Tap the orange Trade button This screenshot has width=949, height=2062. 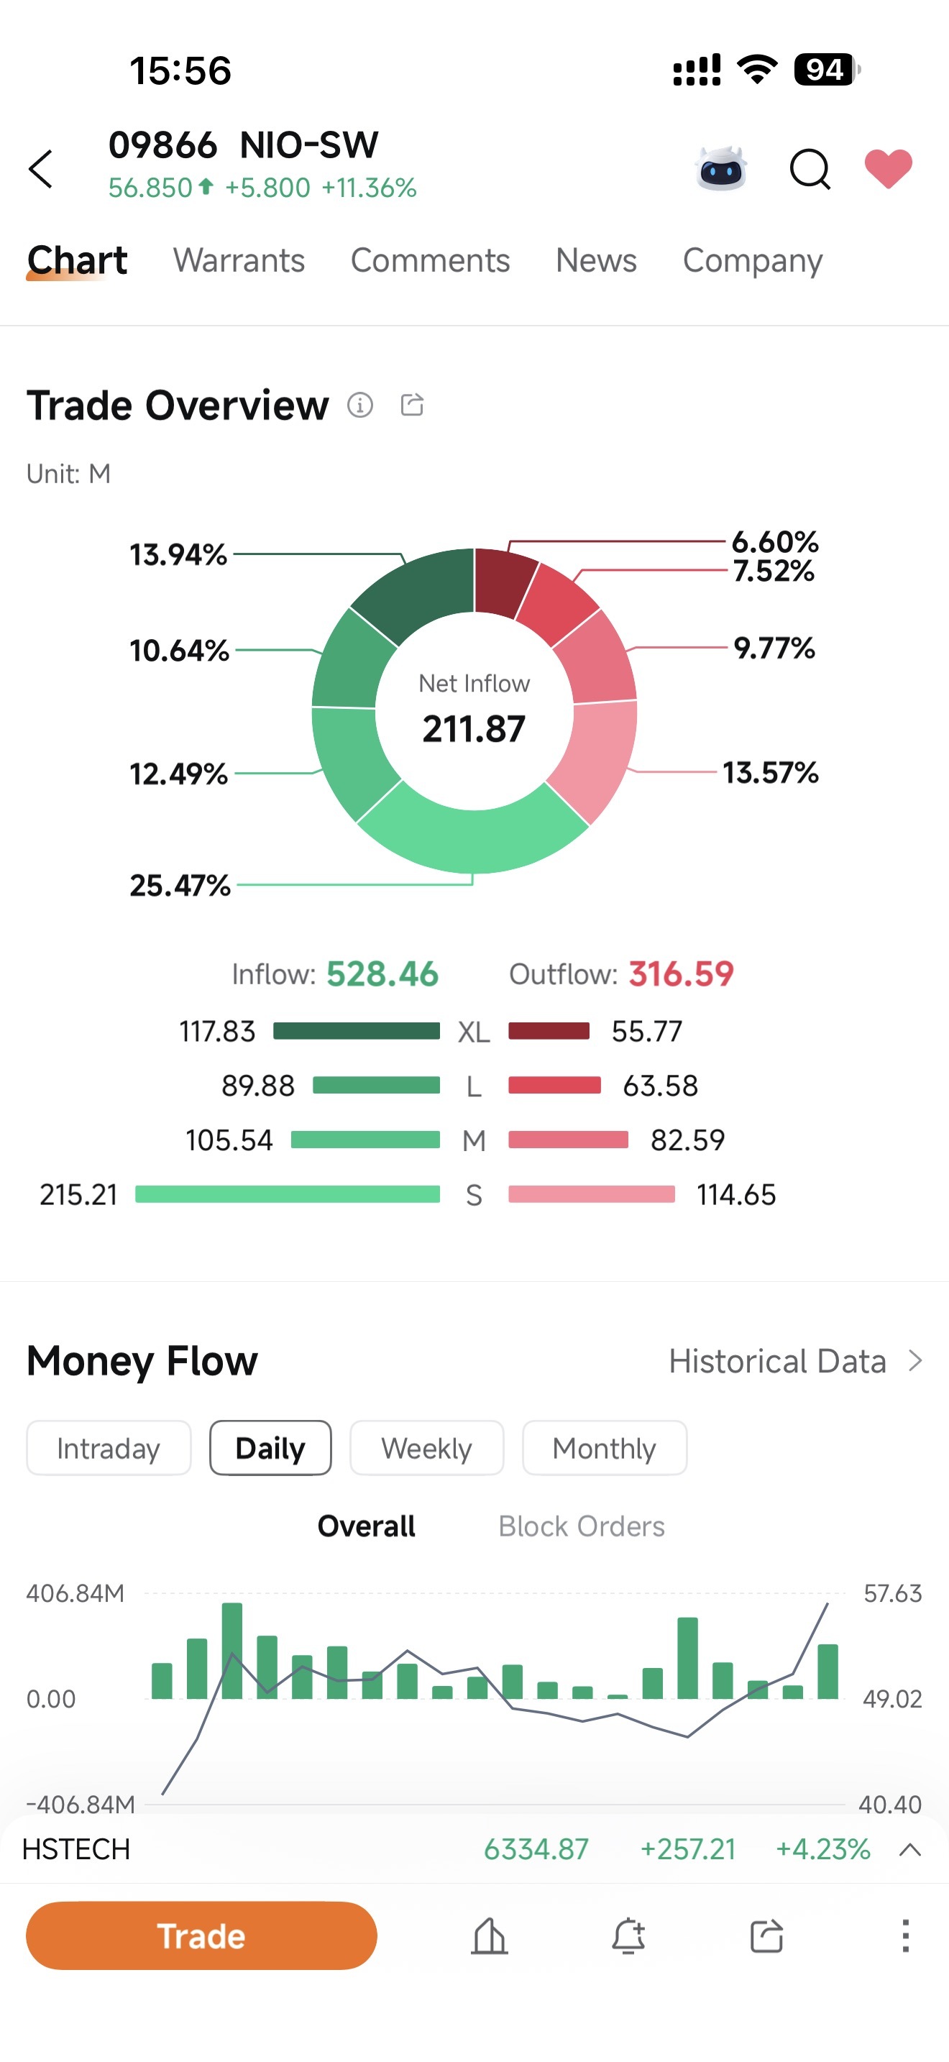click(201, 1935)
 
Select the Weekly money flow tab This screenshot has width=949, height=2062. click(426, 1448)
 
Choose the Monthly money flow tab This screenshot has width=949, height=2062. click(604, 1448)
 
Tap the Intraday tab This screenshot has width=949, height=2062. click(109, 1448)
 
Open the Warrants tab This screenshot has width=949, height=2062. click(239, 260)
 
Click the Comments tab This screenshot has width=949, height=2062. click(431, 260)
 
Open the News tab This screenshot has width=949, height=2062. click(596, 260)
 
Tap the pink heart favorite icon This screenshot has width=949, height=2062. click(888, 169)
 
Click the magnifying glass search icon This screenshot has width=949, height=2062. click(810, 169)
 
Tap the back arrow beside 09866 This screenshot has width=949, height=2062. click(41, 169)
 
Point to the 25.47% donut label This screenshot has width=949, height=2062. click(180, 885)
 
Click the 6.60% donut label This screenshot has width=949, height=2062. click(774, 542)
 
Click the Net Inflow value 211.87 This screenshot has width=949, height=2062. click(475, 728)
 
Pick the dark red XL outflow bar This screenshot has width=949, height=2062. click(549, 1030)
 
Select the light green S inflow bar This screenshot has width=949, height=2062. click(288, 1194)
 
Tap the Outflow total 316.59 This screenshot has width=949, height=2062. click(681, 974)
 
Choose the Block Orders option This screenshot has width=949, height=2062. click(582, 1526)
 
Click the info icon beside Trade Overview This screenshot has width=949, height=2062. click(360, 405)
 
